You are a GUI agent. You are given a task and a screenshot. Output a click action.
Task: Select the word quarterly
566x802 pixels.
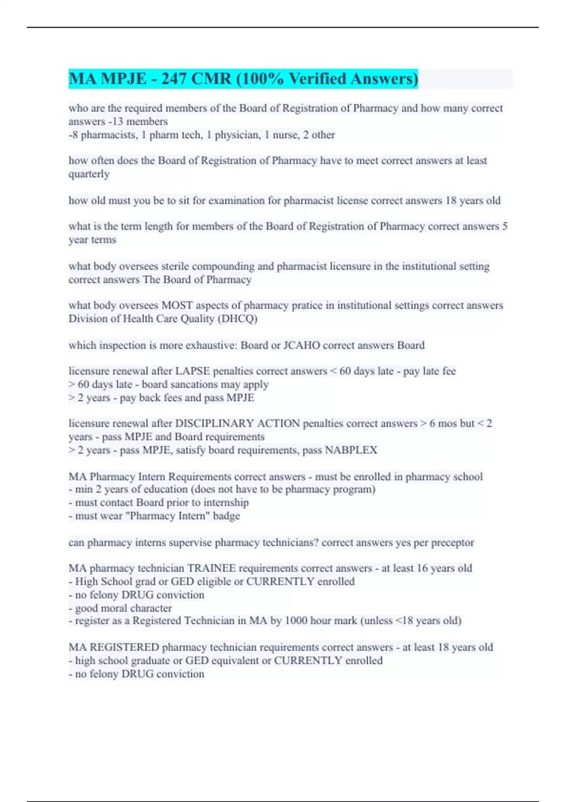[x=89, y=174]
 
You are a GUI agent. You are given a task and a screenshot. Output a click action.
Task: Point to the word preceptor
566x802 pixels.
[x=452, y=543]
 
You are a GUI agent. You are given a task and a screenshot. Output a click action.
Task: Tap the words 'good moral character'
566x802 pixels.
[x=123, y=608]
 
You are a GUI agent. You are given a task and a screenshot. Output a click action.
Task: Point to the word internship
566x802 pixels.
[x=226, y=503]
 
